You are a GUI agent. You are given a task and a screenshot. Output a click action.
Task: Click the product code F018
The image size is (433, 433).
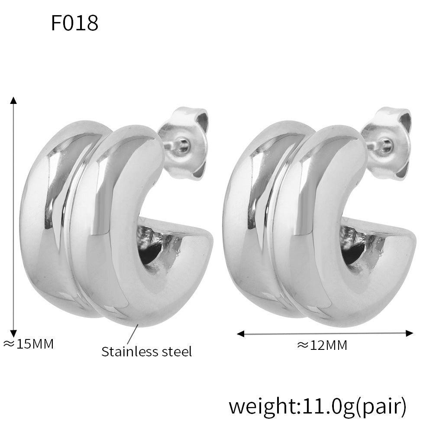point(74,23)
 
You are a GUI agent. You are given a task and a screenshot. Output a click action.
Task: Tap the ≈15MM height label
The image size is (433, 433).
point(29,344)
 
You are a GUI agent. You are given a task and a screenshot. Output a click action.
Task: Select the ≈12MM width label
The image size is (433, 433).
point(322,345)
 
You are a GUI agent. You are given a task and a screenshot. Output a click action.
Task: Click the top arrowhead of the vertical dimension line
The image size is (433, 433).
point(13,100)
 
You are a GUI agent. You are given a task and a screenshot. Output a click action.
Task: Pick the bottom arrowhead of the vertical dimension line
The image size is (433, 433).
point(13,333)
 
